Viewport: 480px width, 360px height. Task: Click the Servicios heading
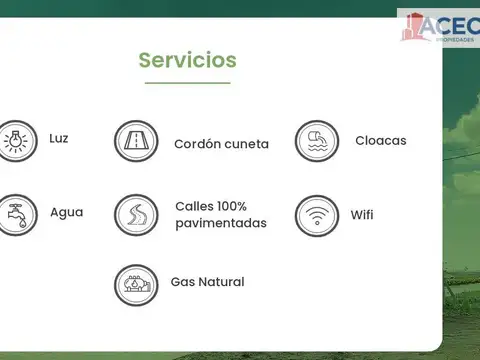tap(187, 60)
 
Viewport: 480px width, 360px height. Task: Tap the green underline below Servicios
tap(187, 83)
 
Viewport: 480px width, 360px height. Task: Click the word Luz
tap(59, 138)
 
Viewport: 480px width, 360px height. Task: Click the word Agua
tap(67, 213)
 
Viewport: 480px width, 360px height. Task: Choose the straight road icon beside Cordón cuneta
tap(136, 142)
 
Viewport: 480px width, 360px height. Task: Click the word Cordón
tap(198, 144)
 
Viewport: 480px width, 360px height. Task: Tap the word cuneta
tap(247, 144)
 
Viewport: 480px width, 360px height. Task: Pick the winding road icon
tap(136, 215)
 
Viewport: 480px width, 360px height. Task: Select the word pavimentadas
tap(221, 223)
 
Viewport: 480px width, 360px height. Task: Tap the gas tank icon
tap(136, 285)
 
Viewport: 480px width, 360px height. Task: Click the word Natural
tap(221, 282)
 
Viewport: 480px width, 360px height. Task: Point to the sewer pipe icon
tap(317, 141)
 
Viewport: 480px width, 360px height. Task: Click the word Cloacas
tap(381, 141)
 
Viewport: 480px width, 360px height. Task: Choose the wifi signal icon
tap(317, 215)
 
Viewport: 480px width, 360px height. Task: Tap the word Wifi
tap(362, 215)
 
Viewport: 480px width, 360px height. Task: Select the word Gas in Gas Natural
tap(183, 282)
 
